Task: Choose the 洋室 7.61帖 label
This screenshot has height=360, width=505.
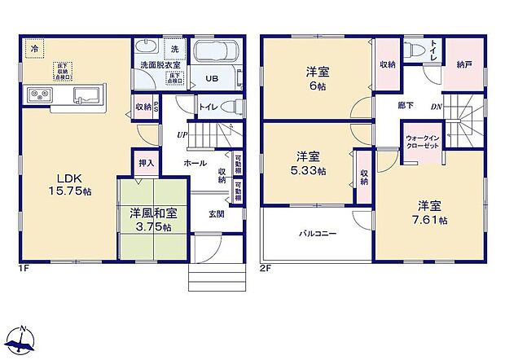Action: tap(432, 213)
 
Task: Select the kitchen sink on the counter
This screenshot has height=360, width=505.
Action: tap(86, 96)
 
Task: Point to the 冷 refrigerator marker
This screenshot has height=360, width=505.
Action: tap(33, 48)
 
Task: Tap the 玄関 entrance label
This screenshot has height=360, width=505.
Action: tap(216, 214)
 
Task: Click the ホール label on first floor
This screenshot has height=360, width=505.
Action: tap(195, 163)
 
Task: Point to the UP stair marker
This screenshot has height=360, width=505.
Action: tap(184, 134)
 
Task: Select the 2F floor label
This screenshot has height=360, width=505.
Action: tap(266, 267)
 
